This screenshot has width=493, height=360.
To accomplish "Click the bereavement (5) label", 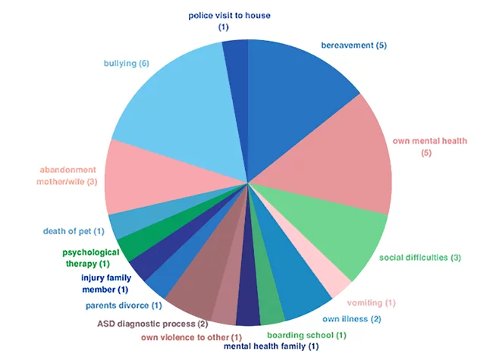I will point(354,45).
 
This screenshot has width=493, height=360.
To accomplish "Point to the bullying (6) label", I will point(126,64).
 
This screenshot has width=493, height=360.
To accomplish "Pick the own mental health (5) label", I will point(429,147).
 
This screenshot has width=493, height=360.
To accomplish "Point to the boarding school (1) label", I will point(306,334).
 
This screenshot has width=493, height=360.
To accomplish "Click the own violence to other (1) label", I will point(191,337).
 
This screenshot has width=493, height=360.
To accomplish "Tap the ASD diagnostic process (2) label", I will point(152,324).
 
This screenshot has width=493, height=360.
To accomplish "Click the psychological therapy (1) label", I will point(91,258).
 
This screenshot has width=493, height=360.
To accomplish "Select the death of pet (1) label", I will point(73,230).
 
